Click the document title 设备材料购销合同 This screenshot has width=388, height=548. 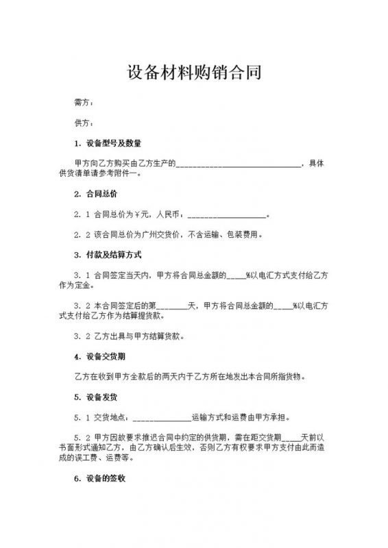coord(194,72)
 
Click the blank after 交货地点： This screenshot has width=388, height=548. coord(161,416)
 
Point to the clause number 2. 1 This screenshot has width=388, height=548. coord(82,214)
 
